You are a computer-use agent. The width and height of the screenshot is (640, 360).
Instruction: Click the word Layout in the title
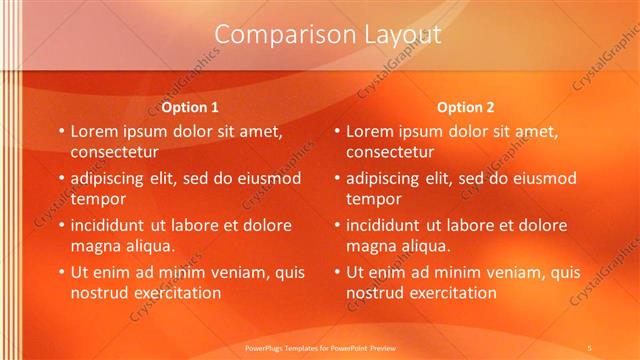[x=397, y=35]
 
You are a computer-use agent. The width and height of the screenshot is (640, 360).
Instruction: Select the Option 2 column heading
[x=465, y=107]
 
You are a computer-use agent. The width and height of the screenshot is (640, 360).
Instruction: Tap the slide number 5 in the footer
[x=590, y=347]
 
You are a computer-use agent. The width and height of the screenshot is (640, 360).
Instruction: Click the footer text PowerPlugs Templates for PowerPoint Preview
[x=320, y=347]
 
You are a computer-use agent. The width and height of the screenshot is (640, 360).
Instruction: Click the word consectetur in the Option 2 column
[x=391, y=153]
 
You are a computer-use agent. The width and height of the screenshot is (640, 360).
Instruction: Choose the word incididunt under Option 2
[x=387, y=224]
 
